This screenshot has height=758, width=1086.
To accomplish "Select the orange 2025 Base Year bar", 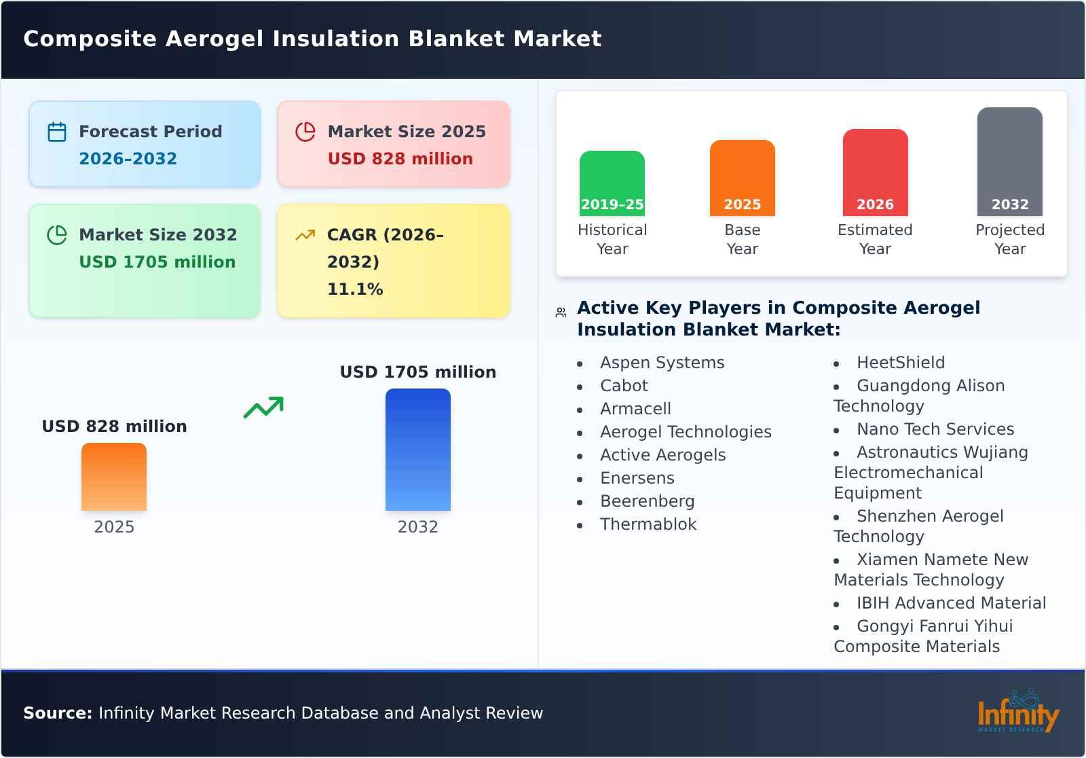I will click(742, 177).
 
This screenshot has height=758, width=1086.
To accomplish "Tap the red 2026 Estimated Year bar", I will click(875, 172).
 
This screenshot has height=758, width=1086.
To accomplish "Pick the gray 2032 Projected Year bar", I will click(1009, 161).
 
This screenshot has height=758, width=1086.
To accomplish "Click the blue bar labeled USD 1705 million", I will click(417, 449).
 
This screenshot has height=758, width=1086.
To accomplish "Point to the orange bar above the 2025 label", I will click(114, 476).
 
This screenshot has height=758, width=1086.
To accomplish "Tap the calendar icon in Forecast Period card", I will click(57, 132).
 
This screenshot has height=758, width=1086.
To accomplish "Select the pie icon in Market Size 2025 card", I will click(305, 132).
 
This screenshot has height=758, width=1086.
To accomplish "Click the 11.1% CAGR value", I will click(355, 289).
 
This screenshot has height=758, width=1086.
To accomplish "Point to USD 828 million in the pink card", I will click(400, 159).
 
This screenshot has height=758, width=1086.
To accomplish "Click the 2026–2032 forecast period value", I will click(128, 159).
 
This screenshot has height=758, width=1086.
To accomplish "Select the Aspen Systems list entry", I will click(662, 363).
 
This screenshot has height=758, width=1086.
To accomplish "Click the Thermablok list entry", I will click(648, 524).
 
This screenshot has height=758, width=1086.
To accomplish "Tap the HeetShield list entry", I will click(900, 363).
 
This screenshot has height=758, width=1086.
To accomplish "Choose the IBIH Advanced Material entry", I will click(951, 603).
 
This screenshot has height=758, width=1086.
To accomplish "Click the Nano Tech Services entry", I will click(935, 429).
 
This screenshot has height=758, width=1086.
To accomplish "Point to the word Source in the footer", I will click(57, 713).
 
